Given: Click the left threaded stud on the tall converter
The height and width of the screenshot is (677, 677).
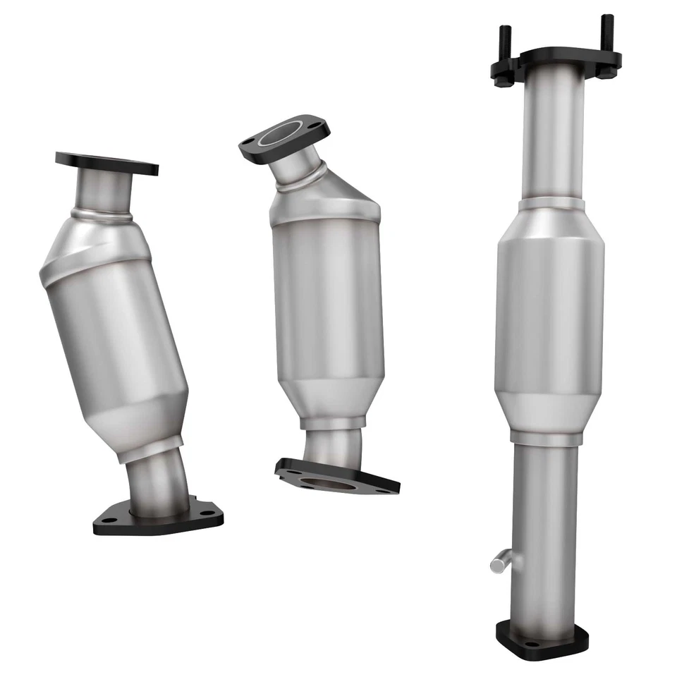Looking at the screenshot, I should pyautogui.click(x=505, y=38).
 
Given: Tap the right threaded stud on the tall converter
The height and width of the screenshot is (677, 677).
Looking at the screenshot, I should pyautogui.click(x=606, y=31).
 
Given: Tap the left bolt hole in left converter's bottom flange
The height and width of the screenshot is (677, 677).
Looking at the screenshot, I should pyautogui.click(x=111, y=519).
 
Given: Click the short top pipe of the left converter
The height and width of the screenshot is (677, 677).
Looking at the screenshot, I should pyautogui.click(x=104, y=190).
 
